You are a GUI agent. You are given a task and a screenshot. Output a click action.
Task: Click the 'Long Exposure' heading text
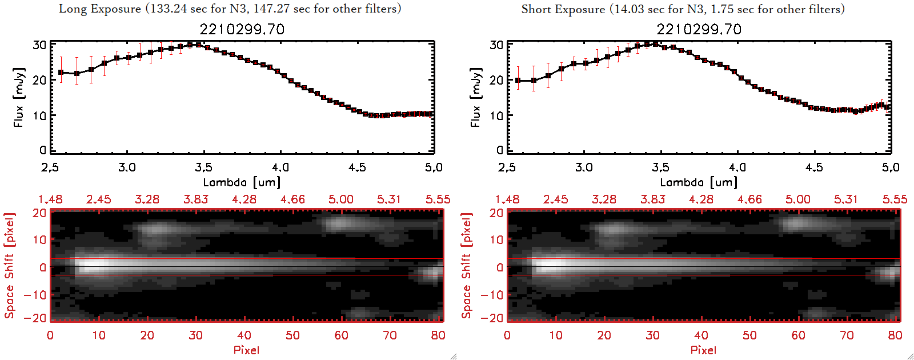100,9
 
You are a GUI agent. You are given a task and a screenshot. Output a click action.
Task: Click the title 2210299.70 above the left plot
242,29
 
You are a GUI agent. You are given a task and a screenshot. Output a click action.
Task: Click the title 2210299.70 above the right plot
699,29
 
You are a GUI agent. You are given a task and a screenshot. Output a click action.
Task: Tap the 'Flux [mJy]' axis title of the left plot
19,97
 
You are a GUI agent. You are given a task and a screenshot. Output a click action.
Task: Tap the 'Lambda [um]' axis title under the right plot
699,182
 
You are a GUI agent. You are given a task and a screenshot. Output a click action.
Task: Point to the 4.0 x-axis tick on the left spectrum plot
280,167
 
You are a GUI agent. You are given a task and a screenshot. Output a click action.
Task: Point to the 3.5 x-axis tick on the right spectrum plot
660,167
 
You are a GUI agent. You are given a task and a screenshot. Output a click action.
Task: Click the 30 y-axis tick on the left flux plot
39,45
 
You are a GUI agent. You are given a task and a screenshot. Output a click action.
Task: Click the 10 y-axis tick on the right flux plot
496,115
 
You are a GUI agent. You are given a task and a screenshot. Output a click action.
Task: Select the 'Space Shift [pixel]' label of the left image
10,266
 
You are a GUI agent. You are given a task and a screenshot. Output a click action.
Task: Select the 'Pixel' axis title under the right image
703,350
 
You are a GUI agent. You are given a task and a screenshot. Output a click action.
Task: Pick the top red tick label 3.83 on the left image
195,199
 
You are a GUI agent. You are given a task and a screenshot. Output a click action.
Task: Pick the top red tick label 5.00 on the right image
797,199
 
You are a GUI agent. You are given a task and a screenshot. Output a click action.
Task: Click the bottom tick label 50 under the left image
292,335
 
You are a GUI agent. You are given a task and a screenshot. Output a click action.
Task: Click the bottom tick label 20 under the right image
604,335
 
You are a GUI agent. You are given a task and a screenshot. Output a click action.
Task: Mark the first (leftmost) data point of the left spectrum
61,73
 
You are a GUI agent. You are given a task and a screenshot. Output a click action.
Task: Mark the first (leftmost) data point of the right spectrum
518,81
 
